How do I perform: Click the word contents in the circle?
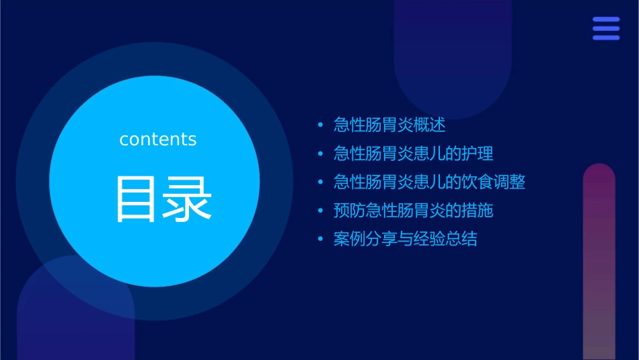(158, 139)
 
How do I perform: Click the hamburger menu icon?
(606, 28)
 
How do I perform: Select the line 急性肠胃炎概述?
(389, 125)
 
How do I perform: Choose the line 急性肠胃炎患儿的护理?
(414, 153)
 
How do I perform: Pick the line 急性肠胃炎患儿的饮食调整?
(429, 182)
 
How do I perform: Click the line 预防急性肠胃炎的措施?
(414, 211)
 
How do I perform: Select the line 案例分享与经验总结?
(406, 240)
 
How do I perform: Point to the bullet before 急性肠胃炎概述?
(320, 126)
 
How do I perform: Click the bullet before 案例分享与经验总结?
(320, 240)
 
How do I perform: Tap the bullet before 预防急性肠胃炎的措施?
(320, 211)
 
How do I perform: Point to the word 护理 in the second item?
(478, 153)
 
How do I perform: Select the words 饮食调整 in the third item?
(494, 182)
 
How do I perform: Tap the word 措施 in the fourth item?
(478, 211)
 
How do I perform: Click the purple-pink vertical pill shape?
(599, 262)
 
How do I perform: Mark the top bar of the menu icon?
(606, 20)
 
